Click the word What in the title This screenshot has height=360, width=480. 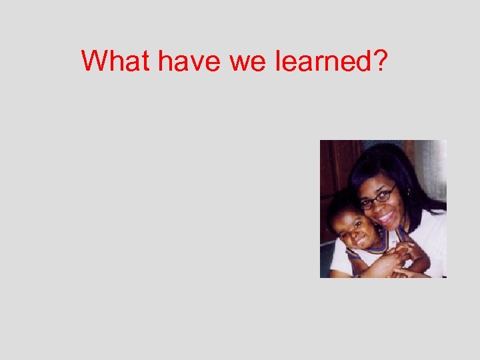point(117,61)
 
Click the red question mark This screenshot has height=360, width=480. point(380,61)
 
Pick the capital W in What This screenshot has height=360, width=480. point(95,61)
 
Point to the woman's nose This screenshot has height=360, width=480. point(381,205)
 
